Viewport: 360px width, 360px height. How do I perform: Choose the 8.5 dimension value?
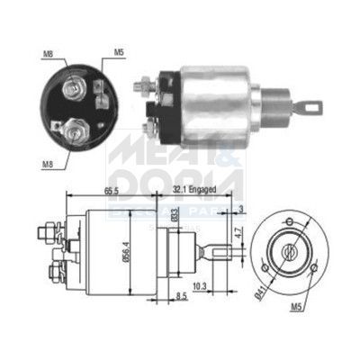(179, 296)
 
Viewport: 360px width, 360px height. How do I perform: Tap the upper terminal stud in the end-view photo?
(74, 86)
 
